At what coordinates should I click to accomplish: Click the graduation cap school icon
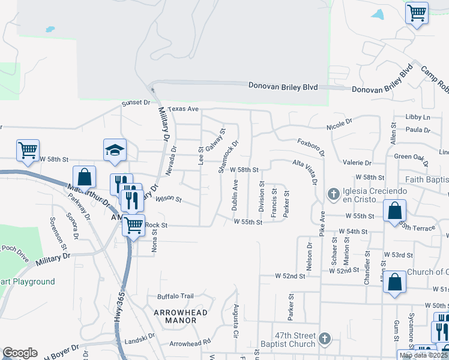(115, 150)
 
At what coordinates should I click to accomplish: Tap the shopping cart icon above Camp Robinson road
(417, 12)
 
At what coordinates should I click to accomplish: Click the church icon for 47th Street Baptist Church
(325, 338)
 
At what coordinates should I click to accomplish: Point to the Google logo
(20, 353)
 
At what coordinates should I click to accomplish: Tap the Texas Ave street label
(182, 109)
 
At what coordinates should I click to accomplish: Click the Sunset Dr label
(136, 103)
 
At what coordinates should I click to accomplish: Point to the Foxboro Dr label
(311, 146)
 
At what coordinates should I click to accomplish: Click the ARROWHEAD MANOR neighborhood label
(180, 316)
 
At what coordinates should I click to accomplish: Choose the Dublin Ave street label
(235, 197)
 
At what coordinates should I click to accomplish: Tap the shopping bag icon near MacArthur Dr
(85, 177)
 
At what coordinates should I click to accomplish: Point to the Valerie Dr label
(357, 163)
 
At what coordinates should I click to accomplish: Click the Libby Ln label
(418, 116)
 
